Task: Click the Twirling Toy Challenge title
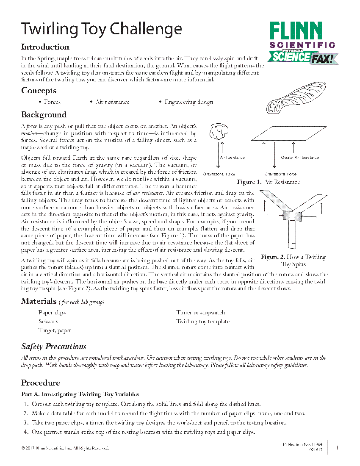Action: pos(102,29)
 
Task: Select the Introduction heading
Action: pos(45,47)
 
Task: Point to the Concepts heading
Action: pos(39,91)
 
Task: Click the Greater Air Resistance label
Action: pos(300,158)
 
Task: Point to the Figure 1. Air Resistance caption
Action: pos(268,182)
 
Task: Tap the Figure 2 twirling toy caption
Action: pos(293,261)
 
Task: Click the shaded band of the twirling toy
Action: pos(292,216)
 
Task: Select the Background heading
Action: pos(44,115)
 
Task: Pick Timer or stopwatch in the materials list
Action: pos(200,313)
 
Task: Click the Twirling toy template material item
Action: pos(202,322)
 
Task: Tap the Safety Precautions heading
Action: pos(54,347)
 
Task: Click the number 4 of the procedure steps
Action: pos(26,432)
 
